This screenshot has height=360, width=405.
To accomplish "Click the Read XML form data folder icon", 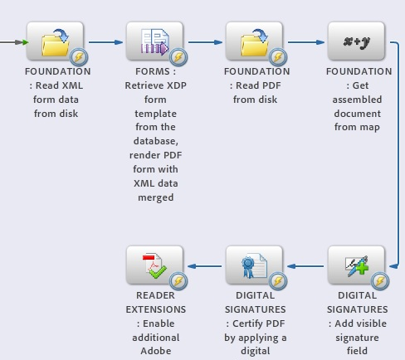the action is click(x=55, y=41).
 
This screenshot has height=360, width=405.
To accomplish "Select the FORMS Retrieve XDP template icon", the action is click(x=154, y=41).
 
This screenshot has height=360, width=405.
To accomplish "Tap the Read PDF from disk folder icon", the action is click(x=254, y=41).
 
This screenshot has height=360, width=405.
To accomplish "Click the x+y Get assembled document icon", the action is click(x=356, y=41).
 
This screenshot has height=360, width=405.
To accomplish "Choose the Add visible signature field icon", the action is click(x=356, y=265).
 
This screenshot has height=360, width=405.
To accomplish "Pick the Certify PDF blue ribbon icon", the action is click(x=254, y=265).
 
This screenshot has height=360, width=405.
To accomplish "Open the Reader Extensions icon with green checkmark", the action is click(x=154, y=265).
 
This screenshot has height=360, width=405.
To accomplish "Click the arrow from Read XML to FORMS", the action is click(x=105, y=42).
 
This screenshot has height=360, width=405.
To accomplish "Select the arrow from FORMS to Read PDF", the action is click(x=205, y=42).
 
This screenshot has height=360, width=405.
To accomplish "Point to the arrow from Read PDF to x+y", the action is click(x=306, y=42).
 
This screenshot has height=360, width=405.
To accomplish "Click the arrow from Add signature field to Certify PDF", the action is click(x=305, y=266).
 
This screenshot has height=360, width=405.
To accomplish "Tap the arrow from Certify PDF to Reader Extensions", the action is click(x=205, y=266).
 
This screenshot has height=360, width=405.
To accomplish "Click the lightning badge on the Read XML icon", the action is click(x=79, y=57).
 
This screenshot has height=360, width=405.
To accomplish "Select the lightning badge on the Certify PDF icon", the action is click(x=278, y=281).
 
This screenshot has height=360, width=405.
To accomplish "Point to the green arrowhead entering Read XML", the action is click(x=26, y=42).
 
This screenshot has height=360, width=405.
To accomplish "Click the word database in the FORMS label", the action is click(x=156, y=141).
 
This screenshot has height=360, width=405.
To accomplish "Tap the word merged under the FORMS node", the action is click(x=156, y=197).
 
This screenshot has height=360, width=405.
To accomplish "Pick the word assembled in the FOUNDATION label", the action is click(x=357, y=100).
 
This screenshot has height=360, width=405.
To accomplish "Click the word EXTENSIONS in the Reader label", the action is click(x=156, y=309).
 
